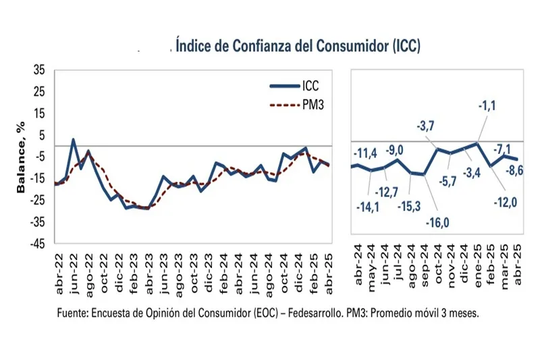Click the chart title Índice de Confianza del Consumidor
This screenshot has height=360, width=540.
coord(298,45)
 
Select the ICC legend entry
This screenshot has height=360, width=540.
coord(297,86)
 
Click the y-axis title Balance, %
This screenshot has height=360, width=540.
coord(21,157)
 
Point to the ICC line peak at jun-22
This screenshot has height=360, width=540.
coord(74,140)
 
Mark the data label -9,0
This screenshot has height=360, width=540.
coord(397,149)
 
